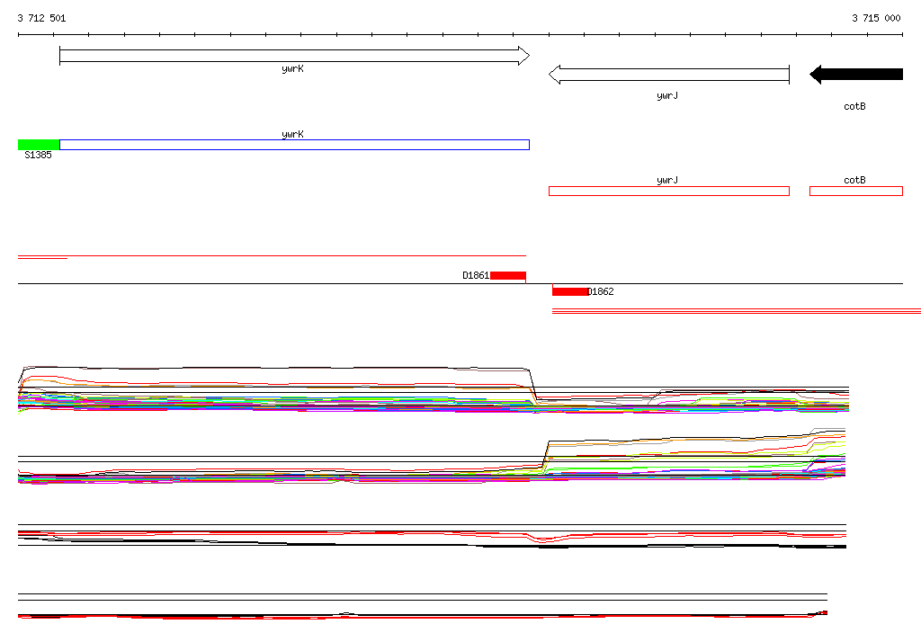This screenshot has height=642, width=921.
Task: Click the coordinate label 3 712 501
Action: [x=41, y=18]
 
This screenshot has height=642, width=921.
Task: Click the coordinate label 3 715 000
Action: [x=876, y=18]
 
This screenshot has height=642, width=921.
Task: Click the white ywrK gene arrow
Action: [x=294, y=56]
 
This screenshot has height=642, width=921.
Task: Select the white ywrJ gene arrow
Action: [x=669, y=75]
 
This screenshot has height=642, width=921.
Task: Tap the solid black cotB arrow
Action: [x=856, y=74]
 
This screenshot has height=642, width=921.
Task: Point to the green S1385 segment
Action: [x=39, y=145]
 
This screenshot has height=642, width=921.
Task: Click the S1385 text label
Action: [x=38, y=155]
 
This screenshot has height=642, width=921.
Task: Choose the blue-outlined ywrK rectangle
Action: [x=294, y=145]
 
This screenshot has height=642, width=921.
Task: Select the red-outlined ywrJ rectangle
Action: [x=669, y=191]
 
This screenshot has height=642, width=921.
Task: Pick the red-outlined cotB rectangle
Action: [x=856, y=191]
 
